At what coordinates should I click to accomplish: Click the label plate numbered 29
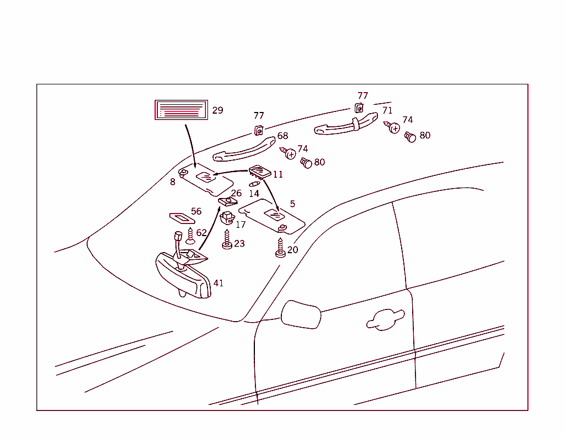(x=181, y=110)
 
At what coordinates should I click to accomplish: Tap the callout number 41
(x=218, y=283)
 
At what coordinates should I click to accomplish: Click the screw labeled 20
(x=280, y=249)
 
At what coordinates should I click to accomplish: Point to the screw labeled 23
(x=226, y=241)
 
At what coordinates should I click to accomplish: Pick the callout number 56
(x=196, y=211)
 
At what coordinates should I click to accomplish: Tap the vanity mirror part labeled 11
(x=259, y=171)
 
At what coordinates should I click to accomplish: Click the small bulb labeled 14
(x=254, y=184)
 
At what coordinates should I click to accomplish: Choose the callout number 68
(x=282, y=136)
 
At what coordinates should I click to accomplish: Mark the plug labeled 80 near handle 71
(x=410, y=137)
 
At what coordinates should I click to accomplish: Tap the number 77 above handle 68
(x=259, y=116)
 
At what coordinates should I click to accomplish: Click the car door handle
(x=386, y=318)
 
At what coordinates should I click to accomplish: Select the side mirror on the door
(x=301, y=314)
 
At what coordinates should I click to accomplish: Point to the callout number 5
(x=292, y=204)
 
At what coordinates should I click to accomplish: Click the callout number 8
(x=173, y=181)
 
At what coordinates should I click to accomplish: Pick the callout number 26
(x=236, y=193)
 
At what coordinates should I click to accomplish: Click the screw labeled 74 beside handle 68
(x=290, y=154)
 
